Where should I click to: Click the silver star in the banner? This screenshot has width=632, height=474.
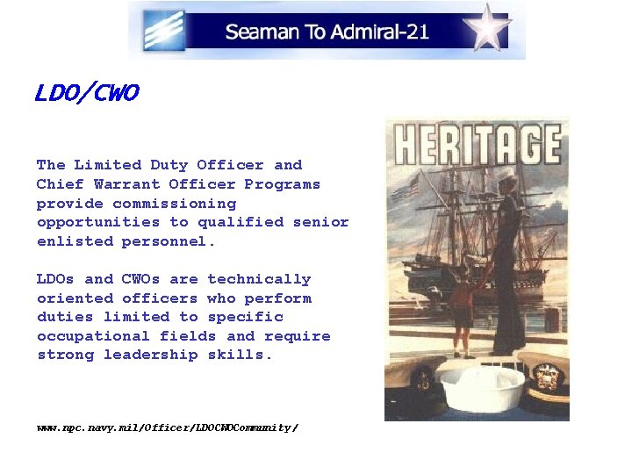point(487,28)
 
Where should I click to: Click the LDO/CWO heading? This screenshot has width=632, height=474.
point(87,93)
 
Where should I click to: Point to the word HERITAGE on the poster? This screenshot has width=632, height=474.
point(477,144)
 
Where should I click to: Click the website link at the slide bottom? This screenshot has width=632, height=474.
point(168,427)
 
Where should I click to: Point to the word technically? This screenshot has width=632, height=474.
point(259,279)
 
